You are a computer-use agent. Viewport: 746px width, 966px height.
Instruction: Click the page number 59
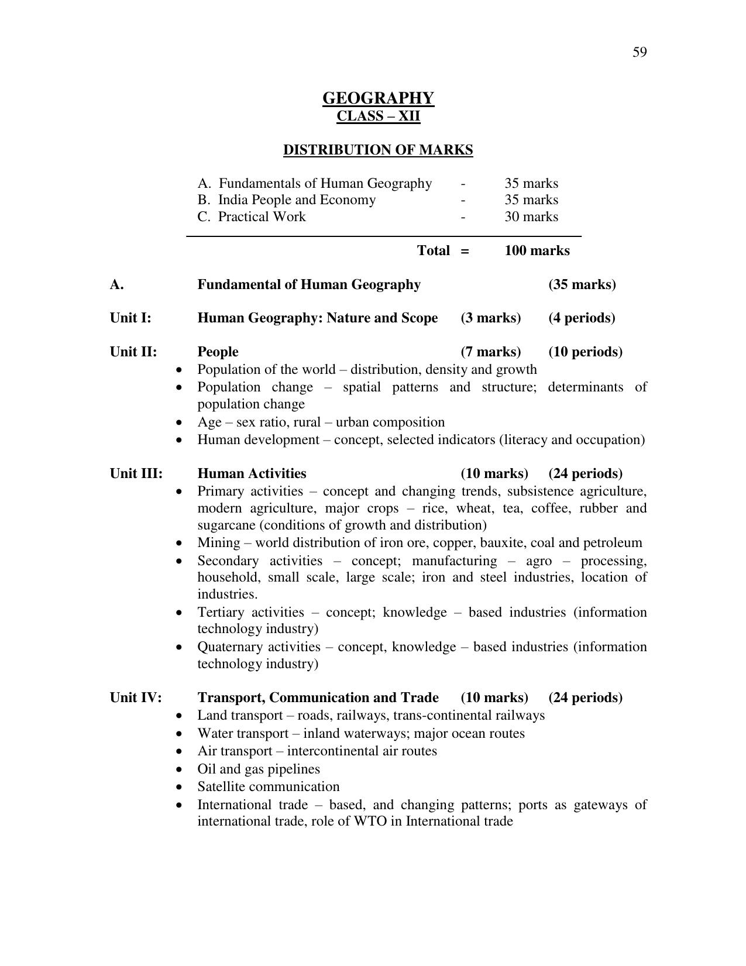(639, 53)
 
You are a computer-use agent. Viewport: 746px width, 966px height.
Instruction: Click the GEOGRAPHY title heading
(378, 98)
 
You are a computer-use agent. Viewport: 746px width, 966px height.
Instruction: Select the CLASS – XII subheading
(378, 116)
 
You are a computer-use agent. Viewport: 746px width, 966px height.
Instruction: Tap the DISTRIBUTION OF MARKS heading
(378, 150)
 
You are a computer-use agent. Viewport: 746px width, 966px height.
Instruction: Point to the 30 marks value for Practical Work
(531, 216)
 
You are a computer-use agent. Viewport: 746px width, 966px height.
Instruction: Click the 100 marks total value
(537, 250)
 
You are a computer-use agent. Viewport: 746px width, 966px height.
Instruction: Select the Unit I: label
(130, 318)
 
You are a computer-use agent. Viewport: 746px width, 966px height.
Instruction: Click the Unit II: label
(133, 352)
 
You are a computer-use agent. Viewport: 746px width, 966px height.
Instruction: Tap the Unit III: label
(136, 473)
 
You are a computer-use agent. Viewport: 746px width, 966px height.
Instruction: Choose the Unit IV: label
(136, 697)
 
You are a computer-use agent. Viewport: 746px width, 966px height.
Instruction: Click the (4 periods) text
(582, 318)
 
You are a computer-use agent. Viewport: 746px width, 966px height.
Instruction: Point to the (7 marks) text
(490, 352)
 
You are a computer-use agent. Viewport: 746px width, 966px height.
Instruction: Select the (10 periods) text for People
(585, 352)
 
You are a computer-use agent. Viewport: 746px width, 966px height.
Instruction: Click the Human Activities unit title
(252, 473)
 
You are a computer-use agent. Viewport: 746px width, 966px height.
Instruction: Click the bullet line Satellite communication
(268, 786)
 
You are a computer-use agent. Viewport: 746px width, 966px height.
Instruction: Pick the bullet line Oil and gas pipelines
(259, 769)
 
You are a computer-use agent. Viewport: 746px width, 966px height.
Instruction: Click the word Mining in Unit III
(218, 542)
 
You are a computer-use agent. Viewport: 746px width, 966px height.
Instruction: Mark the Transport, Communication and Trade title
(318, 697)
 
